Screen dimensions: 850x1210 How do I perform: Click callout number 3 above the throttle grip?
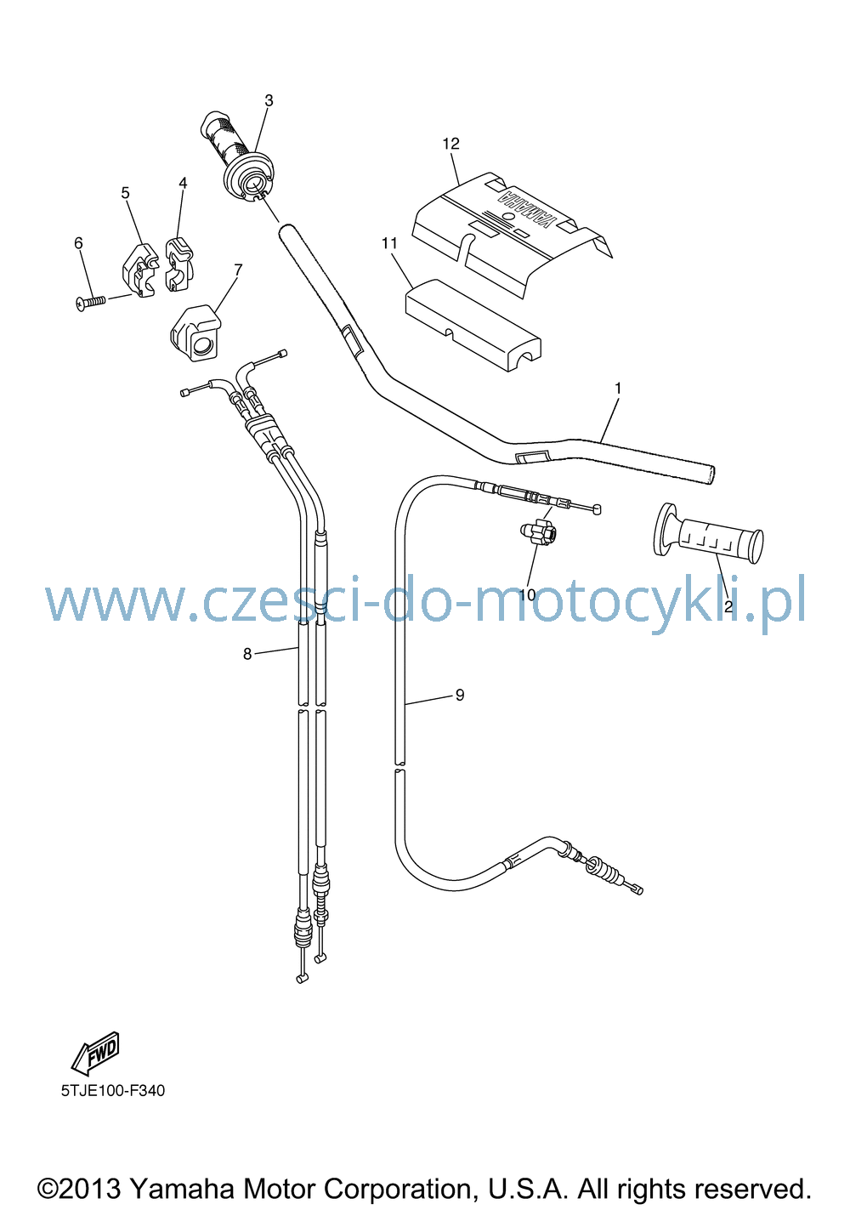coord(269,100)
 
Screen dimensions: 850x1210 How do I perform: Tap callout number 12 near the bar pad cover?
coord(450,144)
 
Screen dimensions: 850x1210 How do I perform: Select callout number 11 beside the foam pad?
coord(389,244)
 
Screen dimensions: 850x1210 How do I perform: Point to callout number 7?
coord(238,269)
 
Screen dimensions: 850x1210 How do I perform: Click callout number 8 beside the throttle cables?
coord(247,654)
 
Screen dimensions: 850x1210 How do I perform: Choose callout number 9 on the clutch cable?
coord(460,695)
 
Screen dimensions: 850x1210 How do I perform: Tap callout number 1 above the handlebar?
coord(618,389)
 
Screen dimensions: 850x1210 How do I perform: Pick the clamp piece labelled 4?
coord(179,264)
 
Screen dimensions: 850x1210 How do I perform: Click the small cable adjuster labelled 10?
coord(538,532)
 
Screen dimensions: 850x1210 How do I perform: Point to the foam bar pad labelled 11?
coord(473,325)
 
